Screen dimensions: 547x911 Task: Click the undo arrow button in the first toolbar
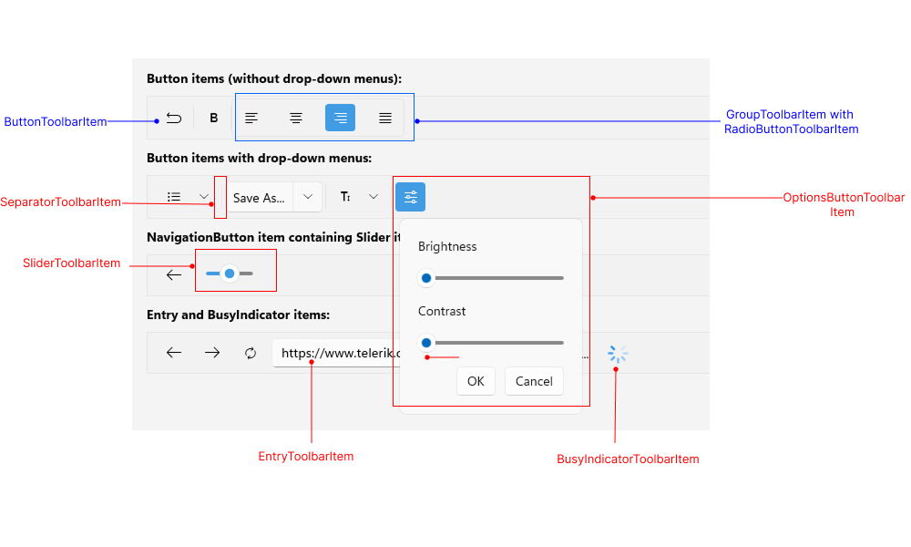[174, 118]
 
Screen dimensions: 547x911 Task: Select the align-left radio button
[251, 118]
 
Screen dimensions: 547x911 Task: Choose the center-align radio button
[296, 118]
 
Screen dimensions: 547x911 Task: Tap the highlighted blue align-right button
[340, 118]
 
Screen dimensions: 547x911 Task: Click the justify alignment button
[385, 118]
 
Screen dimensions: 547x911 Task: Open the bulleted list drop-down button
[185, 197]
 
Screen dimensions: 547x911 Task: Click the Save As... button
[259, 198]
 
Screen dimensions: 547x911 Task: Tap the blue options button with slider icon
[410, 197]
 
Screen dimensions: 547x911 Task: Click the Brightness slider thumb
[425, 278]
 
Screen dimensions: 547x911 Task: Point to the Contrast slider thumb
[425, 343]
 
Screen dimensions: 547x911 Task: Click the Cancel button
[534, 381]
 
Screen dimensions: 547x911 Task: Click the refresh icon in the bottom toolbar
[251, 353]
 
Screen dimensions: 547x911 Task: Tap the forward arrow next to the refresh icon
[212, 353]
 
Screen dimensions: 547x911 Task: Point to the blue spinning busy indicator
[618, 354]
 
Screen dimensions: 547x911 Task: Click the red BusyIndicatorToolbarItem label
[628, 459]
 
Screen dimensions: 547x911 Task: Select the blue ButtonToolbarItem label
[56, 121]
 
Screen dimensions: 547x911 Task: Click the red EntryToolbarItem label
[306, 457]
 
